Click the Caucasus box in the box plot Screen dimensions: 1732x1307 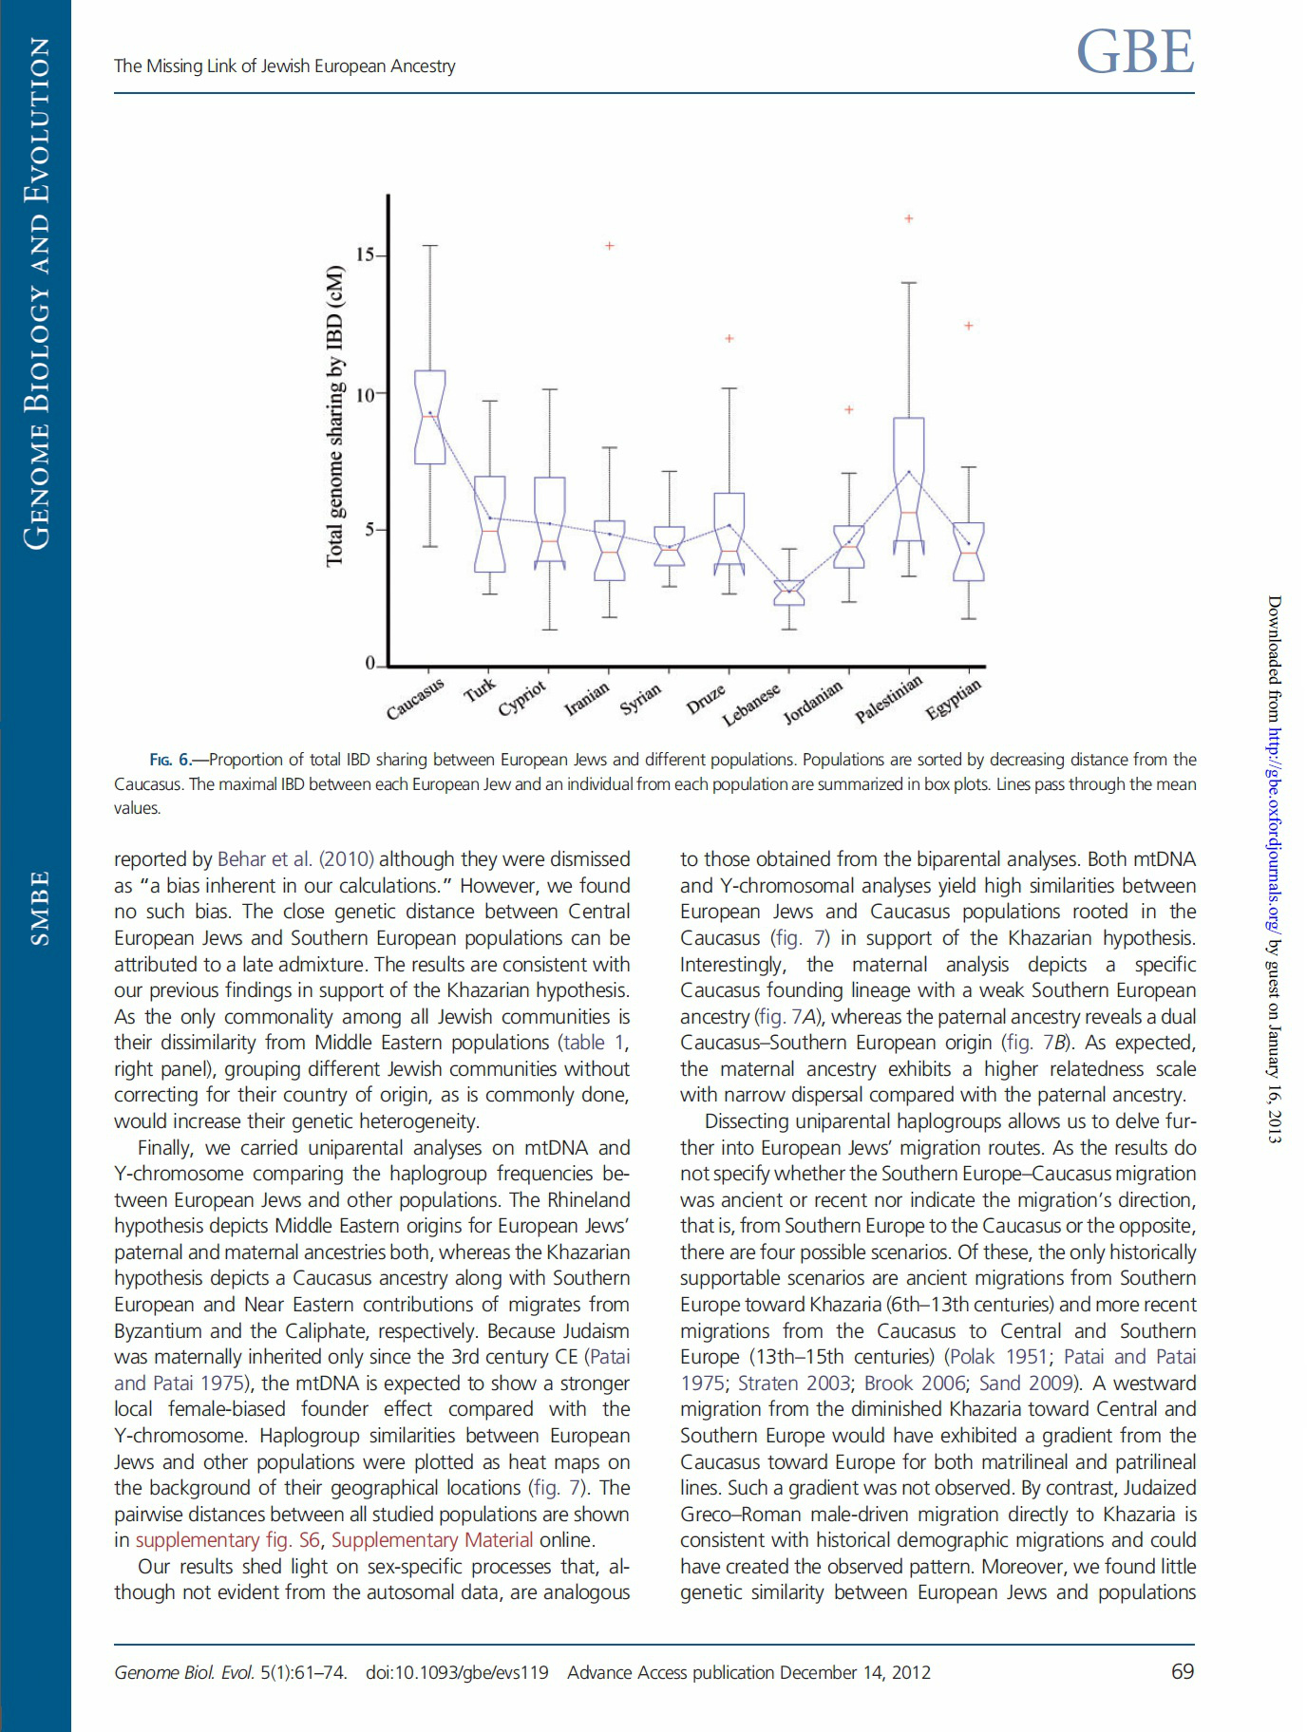[x=430, y=417]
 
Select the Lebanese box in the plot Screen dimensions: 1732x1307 [x=789, y=593]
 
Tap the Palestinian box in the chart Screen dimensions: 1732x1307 [x=909, y=480]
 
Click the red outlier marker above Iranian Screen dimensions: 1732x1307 [x=610, y=246]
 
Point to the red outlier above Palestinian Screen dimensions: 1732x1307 [x=909, y=218]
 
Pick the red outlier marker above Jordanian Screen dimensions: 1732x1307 [x=849, y=410]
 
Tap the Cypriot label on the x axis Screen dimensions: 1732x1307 [x=523, y=699]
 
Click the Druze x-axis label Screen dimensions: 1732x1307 [x=707, y=699]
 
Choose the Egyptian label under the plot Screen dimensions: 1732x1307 [x=954, y=701]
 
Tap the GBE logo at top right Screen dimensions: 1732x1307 [x=1135, y=52]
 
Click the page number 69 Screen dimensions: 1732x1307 [x=1183, y=1672]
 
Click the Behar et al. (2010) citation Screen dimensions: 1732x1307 [x=295, y=859]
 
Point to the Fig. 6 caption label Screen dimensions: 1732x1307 [x=170, y=760]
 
